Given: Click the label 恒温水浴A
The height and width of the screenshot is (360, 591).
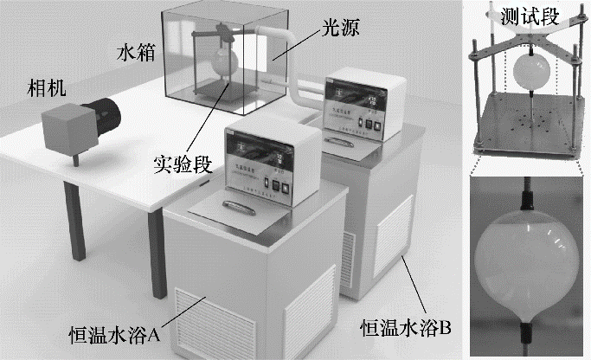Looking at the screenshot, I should click(x=107, y=333).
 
